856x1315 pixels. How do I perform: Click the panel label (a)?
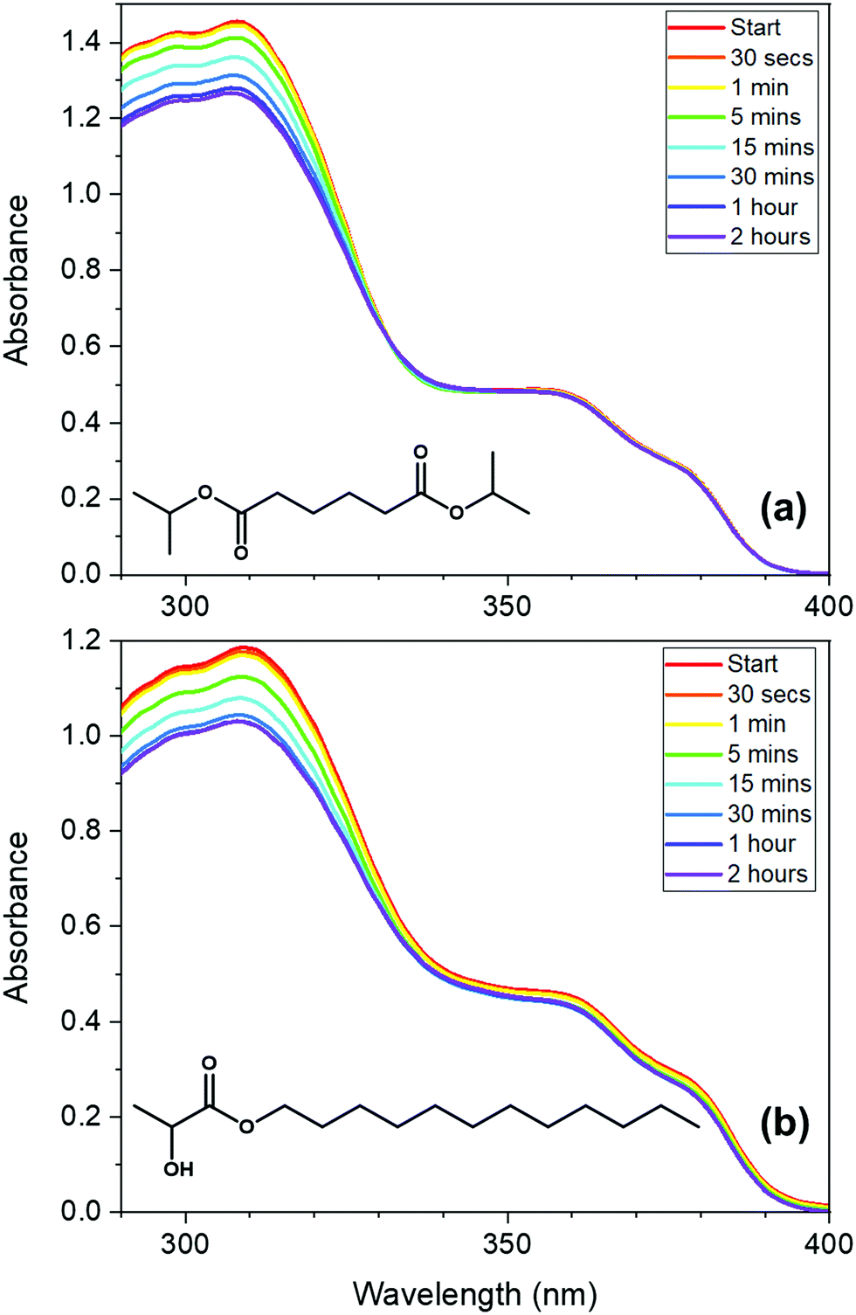click(x=784, y=508)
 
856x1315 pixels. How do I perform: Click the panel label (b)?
click(x=784, y=1124)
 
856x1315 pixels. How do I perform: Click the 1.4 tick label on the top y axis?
click(x=80, y=42)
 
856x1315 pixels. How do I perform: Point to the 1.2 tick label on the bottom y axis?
click(x=80, y=640)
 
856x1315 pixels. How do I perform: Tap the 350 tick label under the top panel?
click(x=507, y=606)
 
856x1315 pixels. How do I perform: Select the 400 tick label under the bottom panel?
click(x=828, y=1243)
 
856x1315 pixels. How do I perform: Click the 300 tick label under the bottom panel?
click(x=185, y=1243)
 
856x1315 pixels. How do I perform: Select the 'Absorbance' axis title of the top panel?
click(x=17, y=280)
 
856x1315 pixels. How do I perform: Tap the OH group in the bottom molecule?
click(x=178, y=1169)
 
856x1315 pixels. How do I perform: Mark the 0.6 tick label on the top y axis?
click(x=80, y=346)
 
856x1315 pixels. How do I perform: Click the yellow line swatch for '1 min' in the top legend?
click(x=695, y=87)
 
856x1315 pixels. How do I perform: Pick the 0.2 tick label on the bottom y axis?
click(x=80, y=1117)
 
